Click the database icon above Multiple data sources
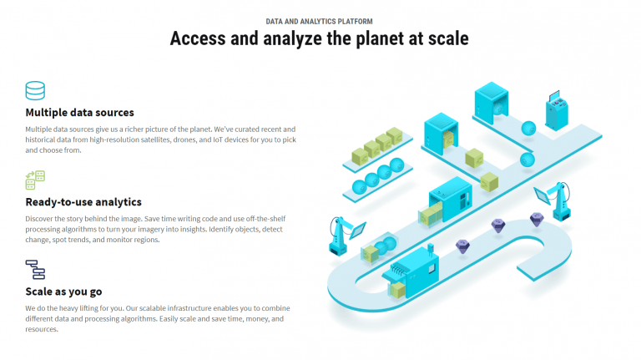[x=35, y=90]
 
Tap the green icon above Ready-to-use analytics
[x=35, y=180]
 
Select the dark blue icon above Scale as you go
[x=35, y=270]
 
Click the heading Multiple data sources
[x=80, y=113]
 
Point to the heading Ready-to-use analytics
[x=83, y=202]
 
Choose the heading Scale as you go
[x=63, y=292]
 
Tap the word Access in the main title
[x=198, y=38]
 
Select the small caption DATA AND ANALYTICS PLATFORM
[x=320, y=21]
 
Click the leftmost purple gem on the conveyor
[x=462, y=246]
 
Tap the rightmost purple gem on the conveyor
[x=537, y=220]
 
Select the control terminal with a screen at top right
[x=557, y=111]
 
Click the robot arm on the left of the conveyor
[x=340, y=236]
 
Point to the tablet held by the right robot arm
[x=543, y=195]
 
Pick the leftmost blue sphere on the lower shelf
[x=360, y=187]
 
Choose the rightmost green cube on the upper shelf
[x=395, y=136]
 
